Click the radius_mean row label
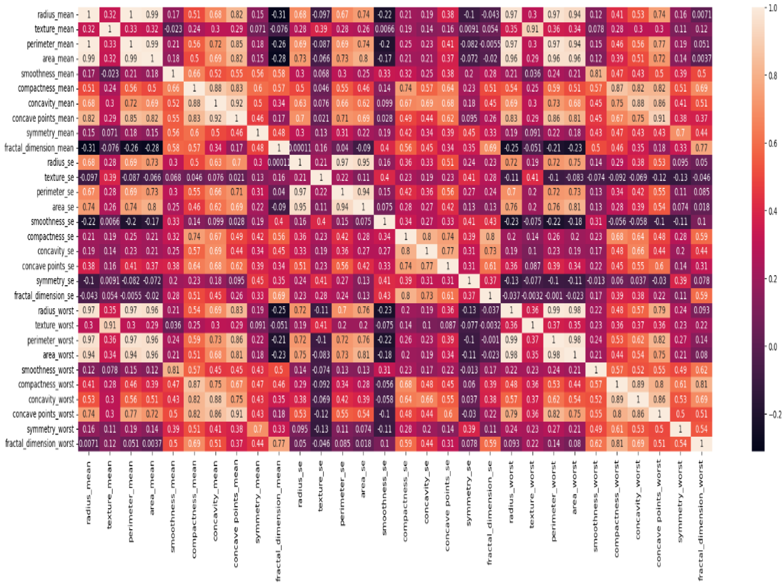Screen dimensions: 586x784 point(55,15)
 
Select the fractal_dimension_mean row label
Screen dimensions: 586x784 point(39,148)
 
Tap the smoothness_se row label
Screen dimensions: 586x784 point(52,221)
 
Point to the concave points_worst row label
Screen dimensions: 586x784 point(43,414)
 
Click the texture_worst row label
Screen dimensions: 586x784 point(54,325)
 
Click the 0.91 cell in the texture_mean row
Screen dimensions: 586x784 point(532,29)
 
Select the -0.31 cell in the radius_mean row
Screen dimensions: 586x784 point(279,15)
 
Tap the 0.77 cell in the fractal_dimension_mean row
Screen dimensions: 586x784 point(701,148)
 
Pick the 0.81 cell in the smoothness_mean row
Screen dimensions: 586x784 point(596,74)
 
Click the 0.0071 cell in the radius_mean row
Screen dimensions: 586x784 point(701,15)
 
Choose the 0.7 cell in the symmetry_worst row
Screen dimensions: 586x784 point(258,429)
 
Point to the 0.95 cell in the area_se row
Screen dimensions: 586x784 point(300,207)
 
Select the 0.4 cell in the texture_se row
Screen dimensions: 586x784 point(385,177)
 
